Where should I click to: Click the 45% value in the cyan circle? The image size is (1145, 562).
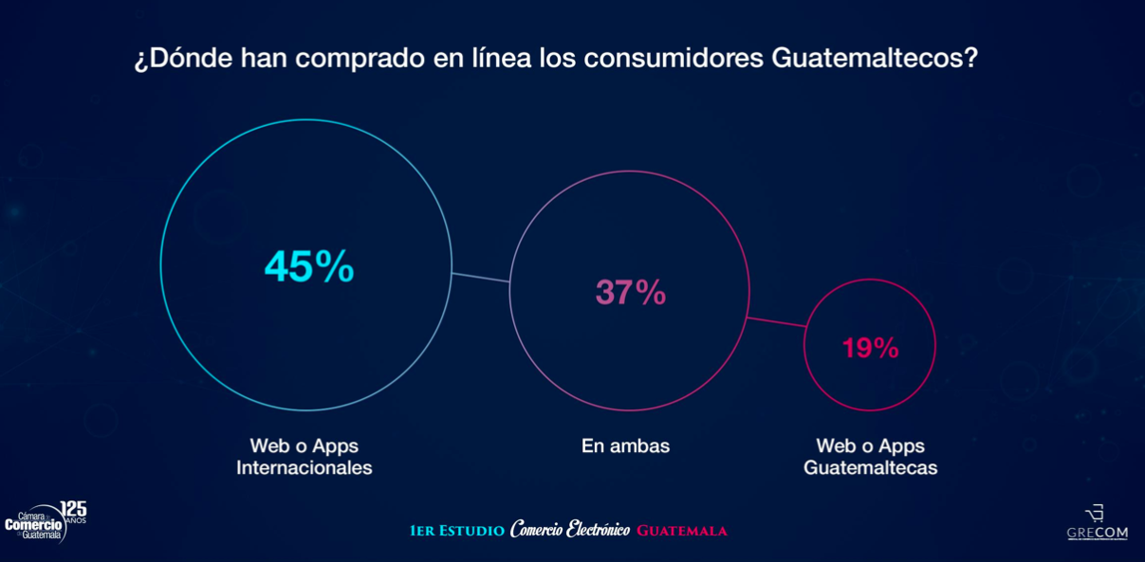click(309, 267)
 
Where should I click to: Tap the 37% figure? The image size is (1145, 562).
click(631, 293)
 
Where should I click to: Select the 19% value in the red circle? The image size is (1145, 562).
click(870, 349)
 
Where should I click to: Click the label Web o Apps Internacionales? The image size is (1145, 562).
click(304, 457)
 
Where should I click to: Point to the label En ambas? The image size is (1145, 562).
click(625, 446)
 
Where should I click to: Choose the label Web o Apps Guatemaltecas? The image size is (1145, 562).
click(870, 457)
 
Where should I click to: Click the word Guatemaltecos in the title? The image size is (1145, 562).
click(874, 59)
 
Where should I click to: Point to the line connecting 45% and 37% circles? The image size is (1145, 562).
click(481, 278)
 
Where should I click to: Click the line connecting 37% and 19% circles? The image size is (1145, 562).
click(777, 322)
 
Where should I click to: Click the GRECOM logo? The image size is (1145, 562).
click(1098, 533)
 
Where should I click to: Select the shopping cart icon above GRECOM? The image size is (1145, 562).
click(1095, 514)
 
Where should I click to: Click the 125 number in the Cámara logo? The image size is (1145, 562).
click(73, 509)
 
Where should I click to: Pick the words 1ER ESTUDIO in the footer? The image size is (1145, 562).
click(457, 531)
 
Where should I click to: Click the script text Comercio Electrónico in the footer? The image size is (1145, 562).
click(569, 530)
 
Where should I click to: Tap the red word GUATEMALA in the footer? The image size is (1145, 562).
click(682, 531)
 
